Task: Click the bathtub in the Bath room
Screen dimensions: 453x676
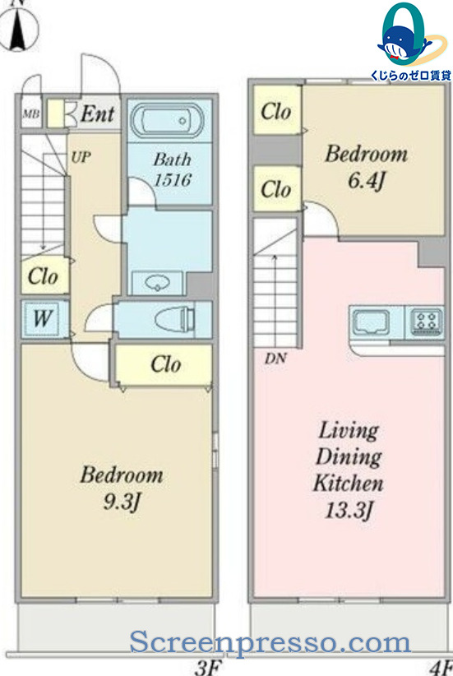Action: pos(167,119)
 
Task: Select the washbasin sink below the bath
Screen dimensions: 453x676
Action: pos(157,283)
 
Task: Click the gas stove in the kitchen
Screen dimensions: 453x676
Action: pos(426,322)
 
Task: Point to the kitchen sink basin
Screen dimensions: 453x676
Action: pos(371,322)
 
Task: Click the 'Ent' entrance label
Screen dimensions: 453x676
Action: pos(98,113)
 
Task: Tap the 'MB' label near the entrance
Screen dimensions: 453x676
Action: pos(31,113)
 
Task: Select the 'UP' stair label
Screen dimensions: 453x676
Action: pos(81,157)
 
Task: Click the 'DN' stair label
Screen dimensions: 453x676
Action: pos(275,358)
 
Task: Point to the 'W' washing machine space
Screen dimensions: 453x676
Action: pos(43,318)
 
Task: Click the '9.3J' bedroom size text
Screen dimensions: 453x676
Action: pos(122,502)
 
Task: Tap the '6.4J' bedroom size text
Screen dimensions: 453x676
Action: pos(366,180)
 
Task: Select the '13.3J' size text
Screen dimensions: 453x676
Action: pos(349,511)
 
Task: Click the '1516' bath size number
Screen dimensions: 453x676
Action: pos(173,180)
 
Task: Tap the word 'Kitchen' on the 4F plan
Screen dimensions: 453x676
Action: pos(349,483)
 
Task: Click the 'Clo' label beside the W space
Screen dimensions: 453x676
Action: pos(43,276)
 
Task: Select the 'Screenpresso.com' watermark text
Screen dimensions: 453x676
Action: pos(270,642)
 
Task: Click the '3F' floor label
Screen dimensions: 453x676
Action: pos(208,668)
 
